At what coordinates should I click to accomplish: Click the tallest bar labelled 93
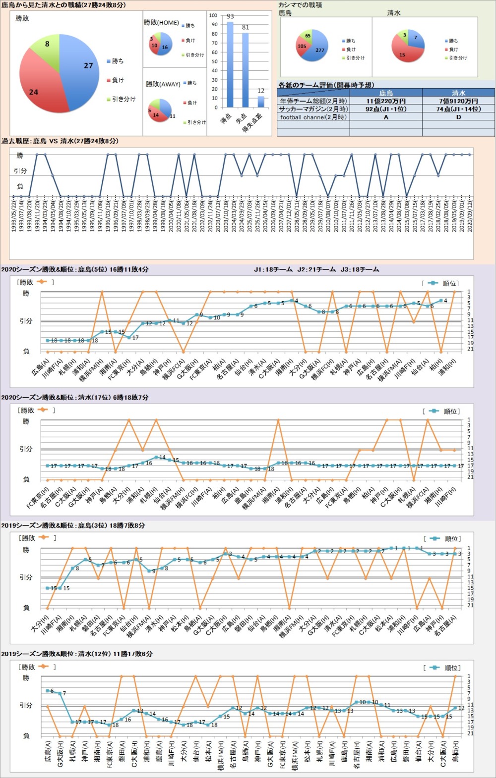[230, 64]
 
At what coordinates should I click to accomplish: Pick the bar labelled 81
[246, 69]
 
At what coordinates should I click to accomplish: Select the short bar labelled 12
[261, 102]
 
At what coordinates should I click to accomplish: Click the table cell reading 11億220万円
[386, 101]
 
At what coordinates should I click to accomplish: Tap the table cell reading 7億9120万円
[458, 101]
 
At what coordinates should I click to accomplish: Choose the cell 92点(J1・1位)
[386, 109]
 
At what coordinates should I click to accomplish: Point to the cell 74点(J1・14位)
[458, 109]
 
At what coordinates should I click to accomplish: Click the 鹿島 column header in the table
[386, 93]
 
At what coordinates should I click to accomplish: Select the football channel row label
[313, 117]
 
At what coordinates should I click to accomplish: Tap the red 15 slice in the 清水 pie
[403, 53]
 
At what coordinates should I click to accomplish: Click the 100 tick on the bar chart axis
[213, 15]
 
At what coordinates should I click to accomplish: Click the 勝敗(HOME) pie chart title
[161, 23]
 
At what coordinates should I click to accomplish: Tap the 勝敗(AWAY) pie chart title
[163, 84]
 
